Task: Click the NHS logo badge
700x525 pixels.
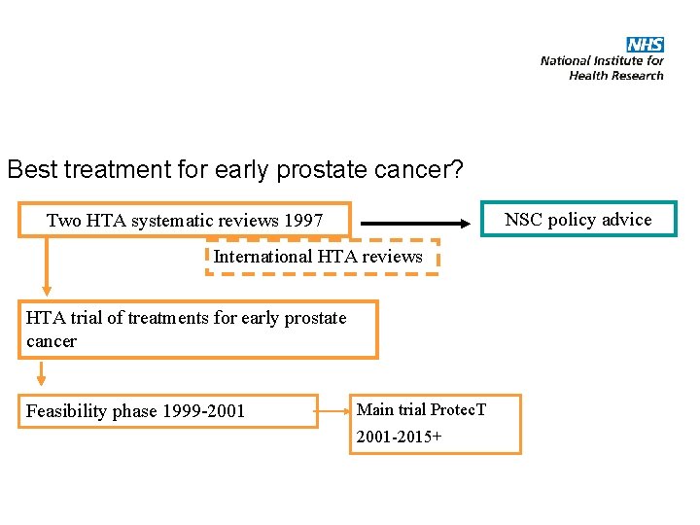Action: (x=645, y=45)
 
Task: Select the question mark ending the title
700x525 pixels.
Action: (x=456, y=169)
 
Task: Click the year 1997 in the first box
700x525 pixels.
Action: (x=303, y=221)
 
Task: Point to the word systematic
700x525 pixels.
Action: (x=177, y=221)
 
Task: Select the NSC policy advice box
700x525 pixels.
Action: (x=579, y=220)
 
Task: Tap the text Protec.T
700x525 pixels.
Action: (x=458, y=409)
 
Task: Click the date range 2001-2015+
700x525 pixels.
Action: (x=399, y=437)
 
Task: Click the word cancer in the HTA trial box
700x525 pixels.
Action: (x=52, y=341)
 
